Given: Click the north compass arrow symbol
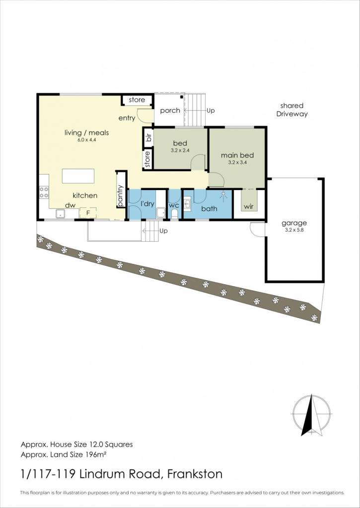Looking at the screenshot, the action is (x=311, y=415).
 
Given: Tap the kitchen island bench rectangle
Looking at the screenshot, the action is (x=78, y=176).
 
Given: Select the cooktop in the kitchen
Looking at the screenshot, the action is (x=44, y=192).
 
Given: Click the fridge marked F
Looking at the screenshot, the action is (x=88, y=213).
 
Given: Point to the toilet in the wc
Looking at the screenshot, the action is (x=174, y=214).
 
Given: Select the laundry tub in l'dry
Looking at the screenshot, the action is (x=160, y=213).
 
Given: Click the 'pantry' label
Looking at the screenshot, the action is (x=121, y=195).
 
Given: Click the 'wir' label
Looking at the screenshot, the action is (x=249, y=207).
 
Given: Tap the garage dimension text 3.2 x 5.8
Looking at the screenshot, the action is (x=294, y=231).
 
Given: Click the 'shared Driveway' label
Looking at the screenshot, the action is (x=292, y=110).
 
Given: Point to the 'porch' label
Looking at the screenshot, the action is (x=170, y=111).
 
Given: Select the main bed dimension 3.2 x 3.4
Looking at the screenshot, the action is (x=237, y=163).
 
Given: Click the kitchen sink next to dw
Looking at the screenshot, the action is (x=60, y=214).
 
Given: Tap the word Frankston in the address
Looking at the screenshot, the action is (x=195, y=474).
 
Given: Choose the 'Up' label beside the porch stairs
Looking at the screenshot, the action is (x=211, y=111).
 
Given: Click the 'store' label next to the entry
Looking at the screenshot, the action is (x=137, y=100).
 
